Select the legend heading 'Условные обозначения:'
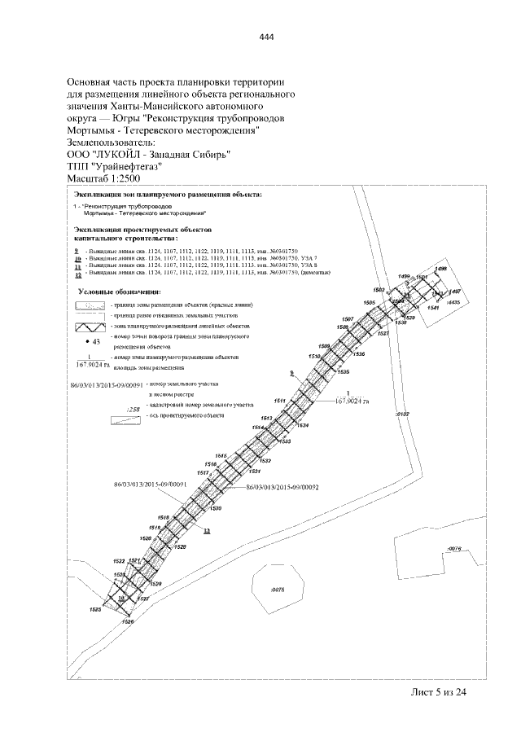tap(119, 291)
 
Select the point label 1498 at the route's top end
tap(440, 269)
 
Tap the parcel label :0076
tap(455, 548)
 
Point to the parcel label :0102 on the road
tap(401, 415)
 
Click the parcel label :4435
tap(453, 302)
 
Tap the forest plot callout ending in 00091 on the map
tap(151, 485)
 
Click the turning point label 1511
tap(279, 401)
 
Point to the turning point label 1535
tap(344, 371)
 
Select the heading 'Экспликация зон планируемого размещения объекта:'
tap(169, 196)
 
